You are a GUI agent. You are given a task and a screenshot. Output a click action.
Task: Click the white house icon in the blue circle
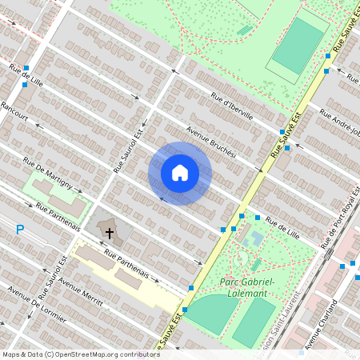pyautogui.click(x=180, y=172)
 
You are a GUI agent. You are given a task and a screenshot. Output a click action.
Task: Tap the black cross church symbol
pyautogui.click(x=110, y=232)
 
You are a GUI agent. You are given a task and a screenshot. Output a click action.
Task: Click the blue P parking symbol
pyautogui.click(x=20, y=230)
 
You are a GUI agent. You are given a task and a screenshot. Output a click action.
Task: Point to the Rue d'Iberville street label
pyautogui.click(x=232, y=106)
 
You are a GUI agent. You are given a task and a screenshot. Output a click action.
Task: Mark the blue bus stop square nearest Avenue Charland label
pyautogui.click(x=342, y=266)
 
